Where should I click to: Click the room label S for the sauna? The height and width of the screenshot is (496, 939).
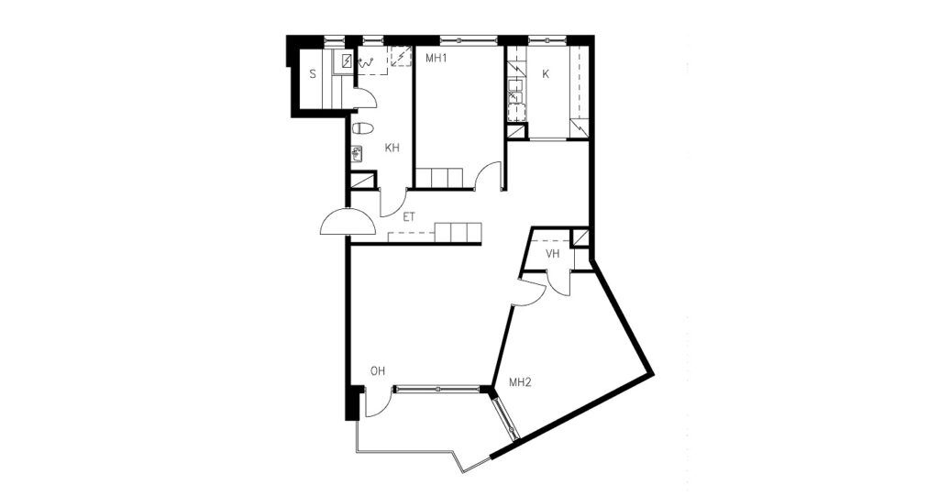tap(313, 75)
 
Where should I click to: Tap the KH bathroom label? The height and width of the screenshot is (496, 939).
tap(392, 148)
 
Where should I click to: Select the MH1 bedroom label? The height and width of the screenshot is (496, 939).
tap(436, 58)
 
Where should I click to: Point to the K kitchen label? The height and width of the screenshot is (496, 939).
tap(546, 74)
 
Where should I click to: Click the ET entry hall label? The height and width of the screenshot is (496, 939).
tap(408, 217)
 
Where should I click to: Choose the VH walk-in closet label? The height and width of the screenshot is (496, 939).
tap(552, 254)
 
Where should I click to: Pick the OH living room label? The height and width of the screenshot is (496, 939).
tap(377, 371)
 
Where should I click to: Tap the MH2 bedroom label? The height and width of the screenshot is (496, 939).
tap(521, 382)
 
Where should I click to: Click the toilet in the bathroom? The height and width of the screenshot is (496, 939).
tap(363, 128)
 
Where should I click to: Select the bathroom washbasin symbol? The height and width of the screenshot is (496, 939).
tap(357, 154)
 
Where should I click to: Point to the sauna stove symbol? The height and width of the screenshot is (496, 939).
tap(347, 61)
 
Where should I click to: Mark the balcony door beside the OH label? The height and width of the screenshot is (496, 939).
tap(375, 402)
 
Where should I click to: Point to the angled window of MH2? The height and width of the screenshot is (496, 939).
tap(504, 417)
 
